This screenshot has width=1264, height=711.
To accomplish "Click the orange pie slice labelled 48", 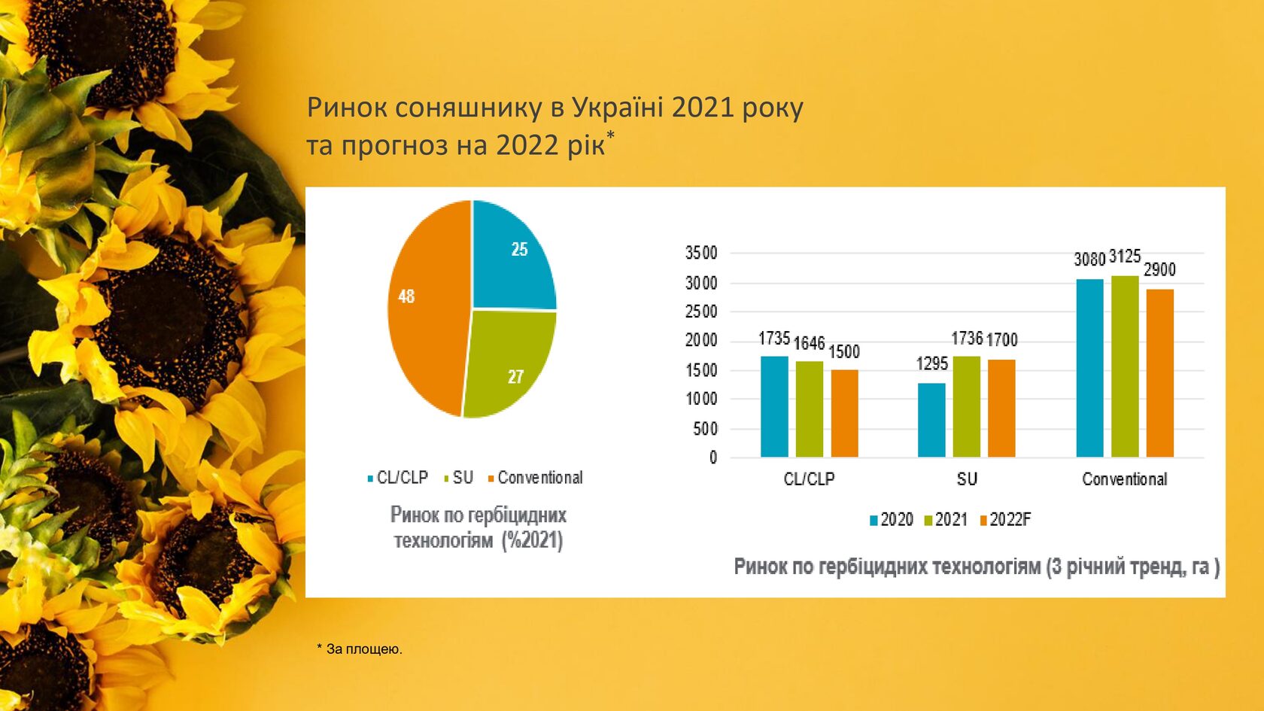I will [425, 308].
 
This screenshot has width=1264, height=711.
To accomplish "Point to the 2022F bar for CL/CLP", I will [844, 413].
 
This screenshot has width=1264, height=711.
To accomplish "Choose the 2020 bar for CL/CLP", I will [774, 406].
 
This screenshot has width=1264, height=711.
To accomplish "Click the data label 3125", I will [1125, 257].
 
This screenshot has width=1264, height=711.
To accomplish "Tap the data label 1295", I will [931, 364].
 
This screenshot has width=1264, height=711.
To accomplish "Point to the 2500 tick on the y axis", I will [701, 311].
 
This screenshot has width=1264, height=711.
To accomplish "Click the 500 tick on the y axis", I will [705, 429].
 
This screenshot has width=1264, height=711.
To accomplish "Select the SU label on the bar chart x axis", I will [967, 479].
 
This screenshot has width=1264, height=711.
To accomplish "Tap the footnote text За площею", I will [364, 649].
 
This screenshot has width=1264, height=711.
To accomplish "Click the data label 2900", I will [1159, 270].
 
